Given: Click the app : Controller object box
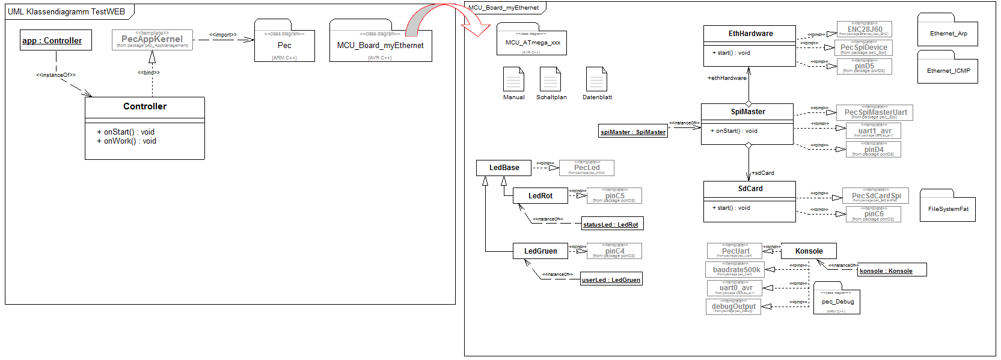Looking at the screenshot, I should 56,40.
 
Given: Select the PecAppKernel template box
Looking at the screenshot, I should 152,40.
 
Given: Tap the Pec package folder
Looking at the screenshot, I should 284,46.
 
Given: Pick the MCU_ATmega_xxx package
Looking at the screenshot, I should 532,43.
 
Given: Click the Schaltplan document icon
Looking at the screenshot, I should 550,79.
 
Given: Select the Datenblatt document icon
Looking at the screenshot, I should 596,79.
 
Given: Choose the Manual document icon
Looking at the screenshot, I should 513,79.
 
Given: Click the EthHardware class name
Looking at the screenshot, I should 750,34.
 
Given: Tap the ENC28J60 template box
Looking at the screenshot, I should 865,29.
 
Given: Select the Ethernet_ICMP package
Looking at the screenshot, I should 947,70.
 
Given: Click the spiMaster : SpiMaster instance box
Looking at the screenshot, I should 633,132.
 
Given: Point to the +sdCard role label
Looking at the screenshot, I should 762,173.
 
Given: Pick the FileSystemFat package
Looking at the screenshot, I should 947,209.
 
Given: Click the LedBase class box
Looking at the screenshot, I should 504,168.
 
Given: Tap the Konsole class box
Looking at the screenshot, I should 809,251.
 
